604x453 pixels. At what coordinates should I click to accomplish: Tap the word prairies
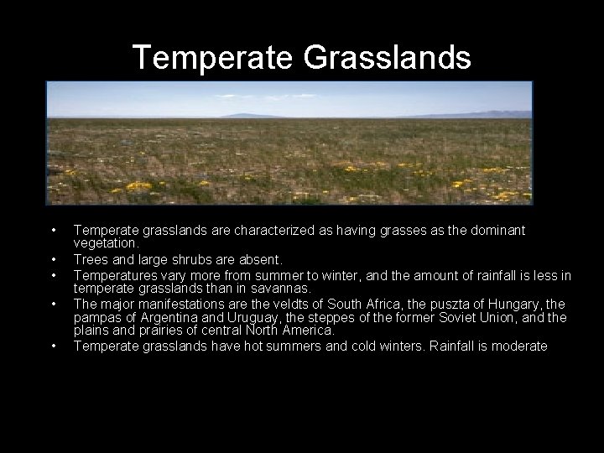(x=143, y=331)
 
